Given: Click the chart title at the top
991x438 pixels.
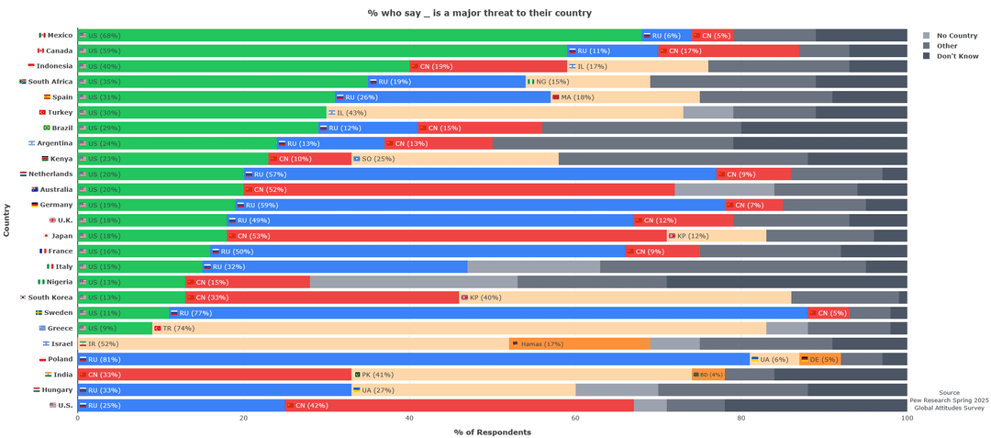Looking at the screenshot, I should (x=479, y=13).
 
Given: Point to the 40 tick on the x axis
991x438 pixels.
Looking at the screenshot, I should (x=409, y=419).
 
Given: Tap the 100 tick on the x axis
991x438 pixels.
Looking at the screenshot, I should (x=907, y=419).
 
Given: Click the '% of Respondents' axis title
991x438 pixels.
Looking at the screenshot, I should (x=492, y=432).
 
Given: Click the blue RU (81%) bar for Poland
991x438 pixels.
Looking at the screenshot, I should (x=413, y=359).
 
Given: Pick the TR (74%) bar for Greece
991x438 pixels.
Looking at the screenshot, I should (x=459, y=328).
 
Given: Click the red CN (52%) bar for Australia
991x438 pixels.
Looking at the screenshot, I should (x=459, y=189).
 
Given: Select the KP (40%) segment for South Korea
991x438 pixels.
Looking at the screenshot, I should (x=625, y=298).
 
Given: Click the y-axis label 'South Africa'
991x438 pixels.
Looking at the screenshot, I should (x=50, y=81).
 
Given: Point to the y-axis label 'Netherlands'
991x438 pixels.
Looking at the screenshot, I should (x=51, y=174).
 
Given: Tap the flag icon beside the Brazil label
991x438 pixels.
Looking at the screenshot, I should (x=47, y=128).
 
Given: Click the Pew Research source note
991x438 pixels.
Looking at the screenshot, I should (x=949, y=400).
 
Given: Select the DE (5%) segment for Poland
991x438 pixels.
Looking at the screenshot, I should (x=819, y=359).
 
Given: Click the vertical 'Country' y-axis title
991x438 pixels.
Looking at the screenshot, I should (x=7, y=220).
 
